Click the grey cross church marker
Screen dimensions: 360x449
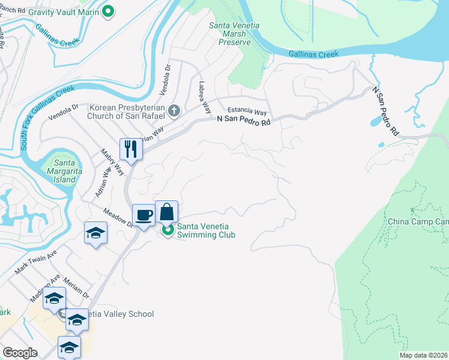(174, 110)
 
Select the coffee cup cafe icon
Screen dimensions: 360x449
(144, 215)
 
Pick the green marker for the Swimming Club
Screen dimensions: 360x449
(167, 230)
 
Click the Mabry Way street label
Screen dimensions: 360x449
(112, 162)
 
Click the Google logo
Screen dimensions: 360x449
(20, 353)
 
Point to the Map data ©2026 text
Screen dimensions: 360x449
(423, 355)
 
